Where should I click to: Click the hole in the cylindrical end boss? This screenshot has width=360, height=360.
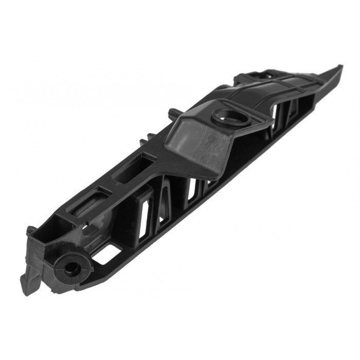(x=70, y=268)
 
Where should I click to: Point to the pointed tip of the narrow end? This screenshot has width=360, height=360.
(x=339, y=66)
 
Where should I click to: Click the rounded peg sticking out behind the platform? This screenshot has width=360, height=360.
(x=171, y=113)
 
